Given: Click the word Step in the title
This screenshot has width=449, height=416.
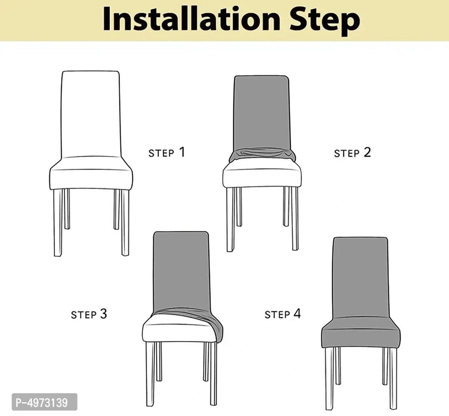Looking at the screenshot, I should pyautogui.click(x=325, y=21).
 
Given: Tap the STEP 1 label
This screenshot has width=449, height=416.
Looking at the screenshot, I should pyautogui.click(x=167, y=152).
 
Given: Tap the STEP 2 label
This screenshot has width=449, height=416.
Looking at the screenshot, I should pyautogui.click(x=352, y=152).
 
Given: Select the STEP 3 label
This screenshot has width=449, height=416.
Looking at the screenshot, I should pyautogui.click(x=89, y=314).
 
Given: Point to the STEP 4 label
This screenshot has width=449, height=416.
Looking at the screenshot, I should pyautogui.click(x=282, y=314).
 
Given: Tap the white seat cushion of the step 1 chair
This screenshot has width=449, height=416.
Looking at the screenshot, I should pyautogui.click(x=91, y=176).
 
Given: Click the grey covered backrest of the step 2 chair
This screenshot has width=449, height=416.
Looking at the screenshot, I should pyautogui.click(x=262, y=112).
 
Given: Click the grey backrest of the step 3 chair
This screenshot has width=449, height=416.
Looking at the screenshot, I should pyautogui.click(x=181, y=269).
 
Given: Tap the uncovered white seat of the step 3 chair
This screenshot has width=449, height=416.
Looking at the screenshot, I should pyautogui.click(x=176, y=329).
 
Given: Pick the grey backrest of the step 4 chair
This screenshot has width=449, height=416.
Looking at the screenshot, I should pyautogui.click(x=360, y=277).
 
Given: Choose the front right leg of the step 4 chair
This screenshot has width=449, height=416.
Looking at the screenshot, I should pyautogui.click(x=393, y=378).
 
